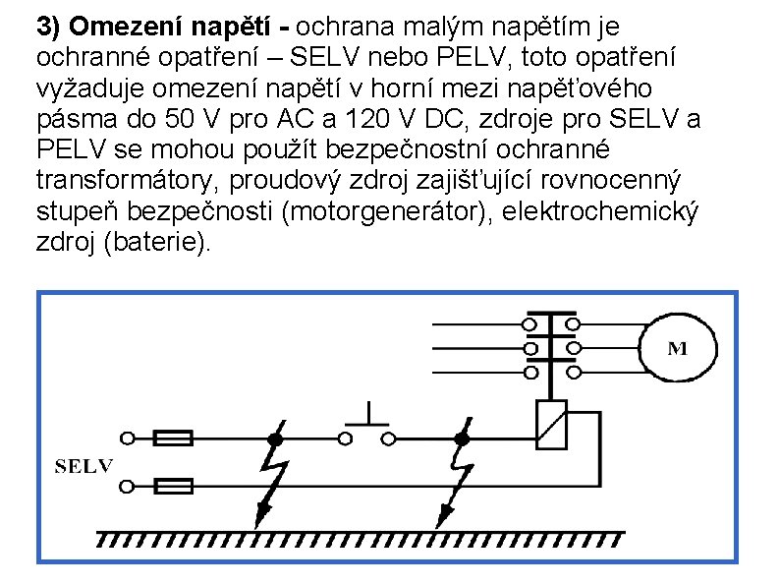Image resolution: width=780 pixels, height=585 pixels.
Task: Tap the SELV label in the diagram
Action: pos(84,465)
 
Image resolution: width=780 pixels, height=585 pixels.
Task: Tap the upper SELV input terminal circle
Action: pos(126,438)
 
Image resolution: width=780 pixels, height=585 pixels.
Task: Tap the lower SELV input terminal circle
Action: pos(126,486)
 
